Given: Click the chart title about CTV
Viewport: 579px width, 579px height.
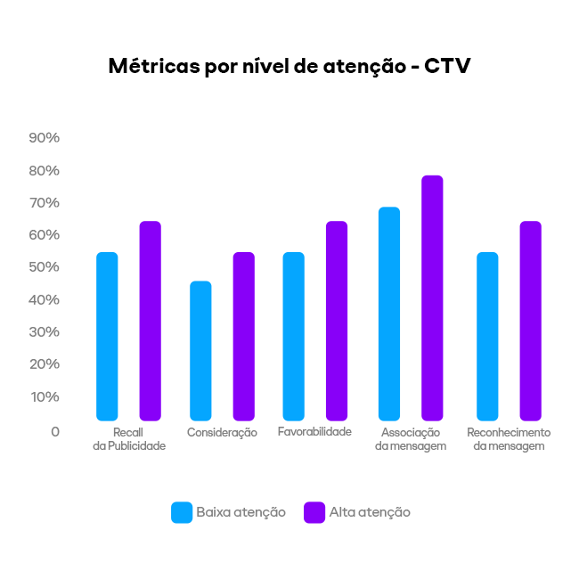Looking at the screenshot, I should tap(289, 66).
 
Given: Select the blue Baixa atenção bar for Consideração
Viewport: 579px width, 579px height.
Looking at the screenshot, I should tap(200, 351).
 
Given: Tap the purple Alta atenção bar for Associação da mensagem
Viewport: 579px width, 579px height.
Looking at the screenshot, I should tap(432, 298).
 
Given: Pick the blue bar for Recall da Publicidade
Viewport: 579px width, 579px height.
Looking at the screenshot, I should tap(107, 337).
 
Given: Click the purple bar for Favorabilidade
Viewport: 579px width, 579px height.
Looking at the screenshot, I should tap(337, 321).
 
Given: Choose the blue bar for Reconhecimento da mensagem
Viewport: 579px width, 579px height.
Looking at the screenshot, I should tap(487, 337).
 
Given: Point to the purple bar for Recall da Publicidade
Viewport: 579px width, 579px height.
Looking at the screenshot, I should tap(151, 321).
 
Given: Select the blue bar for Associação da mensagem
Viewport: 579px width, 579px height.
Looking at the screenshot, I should tap(389, 314).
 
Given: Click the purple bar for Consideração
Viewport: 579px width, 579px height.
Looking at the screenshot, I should tap(244, 337).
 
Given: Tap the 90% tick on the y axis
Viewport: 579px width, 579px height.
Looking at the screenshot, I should tap(44, 138).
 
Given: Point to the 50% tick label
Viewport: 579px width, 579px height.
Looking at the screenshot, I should tap(44, 267).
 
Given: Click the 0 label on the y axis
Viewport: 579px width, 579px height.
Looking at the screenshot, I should tap(55, 431).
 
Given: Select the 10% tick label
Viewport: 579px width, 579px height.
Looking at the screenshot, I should tap(44, 396).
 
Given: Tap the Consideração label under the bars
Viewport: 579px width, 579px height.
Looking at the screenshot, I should tap(222, 433).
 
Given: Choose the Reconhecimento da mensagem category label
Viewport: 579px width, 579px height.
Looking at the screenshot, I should tap(509, 438).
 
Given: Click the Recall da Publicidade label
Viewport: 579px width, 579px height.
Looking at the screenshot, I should tap(129, 438).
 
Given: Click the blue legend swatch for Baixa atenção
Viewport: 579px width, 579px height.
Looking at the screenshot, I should tap(182, 512).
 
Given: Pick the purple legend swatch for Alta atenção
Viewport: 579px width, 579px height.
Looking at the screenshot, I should tap(314, 512).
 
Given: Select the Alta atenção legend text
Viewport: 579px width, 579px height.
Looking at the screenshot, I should tap(370, 512).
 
